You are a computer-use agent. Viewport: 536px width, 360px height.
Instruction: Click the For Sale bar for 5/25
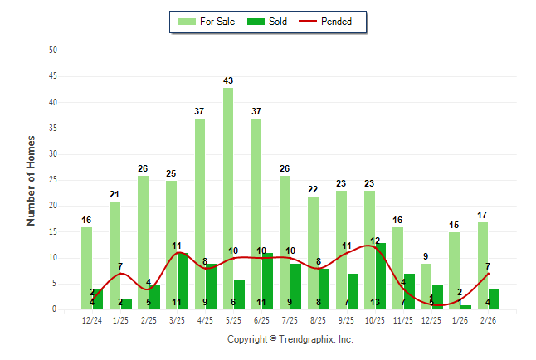click(x=228, y=199)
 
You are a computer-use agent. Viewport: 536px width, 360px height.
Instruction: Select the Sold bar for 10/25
click(x=381, y=276)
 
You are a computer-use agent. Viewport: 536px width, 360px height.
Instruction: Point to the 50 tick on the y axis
click(x=53, y=51)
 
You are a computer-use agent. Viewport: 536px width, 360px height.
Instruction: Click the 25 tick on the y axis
click(x=53, y=180)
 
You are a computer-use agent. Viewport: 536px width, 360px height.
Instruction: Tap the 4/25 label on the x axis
click(x=206, y=320)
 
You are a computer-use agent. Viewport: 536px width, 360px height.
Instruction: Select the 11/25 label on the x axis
click(x=404, y=320)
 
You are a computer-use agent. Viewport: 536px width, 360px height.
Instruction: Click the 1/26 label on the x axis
click(x=460, y=320)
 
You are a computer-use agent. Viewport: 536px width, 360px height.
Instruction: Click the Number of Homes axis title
click(x=32, y=180)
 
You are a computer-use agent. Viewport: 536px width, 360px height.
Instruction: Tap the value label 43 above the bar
click(x=228, y=80)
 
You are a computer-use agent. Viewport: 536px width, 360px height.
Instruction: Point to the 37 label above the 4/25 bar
click(x=200, y=111)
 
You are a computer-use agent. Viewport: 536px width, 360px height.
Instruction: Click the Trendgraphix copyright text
click(x=290, y=339)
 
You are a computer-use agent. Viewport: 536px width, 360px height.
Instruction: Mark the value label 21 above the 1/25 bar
click(x=115, y=194)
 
